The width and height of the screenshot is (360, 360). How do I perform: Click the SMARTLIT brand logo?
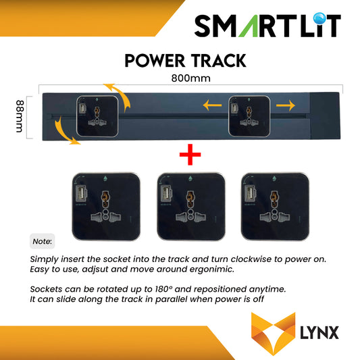click(267, 26)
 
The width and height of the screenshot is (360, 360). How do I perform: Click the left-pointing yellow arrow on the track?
click(213, 105)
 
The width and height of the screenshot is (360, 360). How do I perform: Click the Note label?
click(42, 241)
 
